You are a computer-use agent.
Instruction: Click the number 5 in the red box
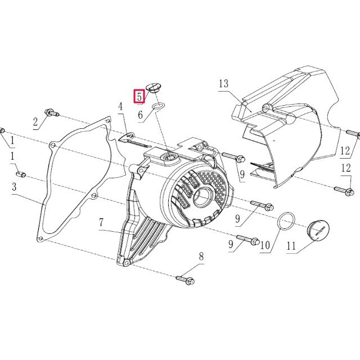coord(138,97)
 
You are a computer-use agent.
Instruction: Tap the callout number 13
coord(223,84)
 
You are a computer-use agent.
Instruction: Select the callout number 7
coord(102,223)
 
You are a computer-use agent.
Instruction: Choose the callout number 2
coord(35,121)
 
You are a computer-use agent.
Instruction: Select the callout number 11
coord(291,246)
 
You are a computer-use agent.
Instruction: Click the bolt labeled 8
coord(186,278)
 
